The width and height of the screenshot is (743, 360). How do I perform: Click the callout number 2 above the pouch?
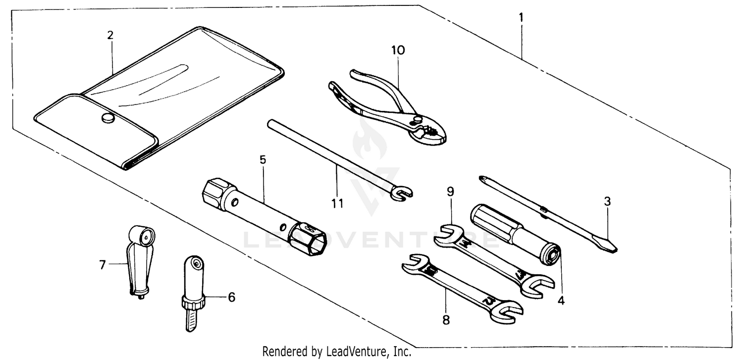pos(110,35)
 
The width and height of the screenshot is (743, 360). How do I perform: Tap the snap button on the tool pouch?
pos(107,117)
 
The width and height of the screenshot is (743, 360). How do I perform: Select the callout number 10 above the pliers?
pos(398,50)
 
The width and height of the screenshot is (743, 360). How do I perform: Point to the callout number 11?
pos(337,203)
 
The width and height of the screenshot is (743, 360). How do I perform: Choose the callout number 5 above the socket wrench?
pos(263,159)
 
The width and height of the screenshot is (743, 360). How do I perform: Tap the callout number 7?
pos(103,265)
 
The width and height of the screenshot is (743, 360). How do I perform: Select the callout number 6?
pos(231,297)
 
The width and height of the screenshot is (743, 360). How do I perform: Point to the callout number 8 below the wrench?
pos(446,320)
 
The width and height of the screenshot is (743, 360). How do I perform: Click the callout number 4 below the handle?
pos(561,300)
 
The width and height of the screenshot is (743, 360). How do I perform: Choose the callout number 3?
pos(607,202)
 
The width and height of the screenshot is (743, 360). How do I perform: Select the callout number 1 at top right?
pos(521,17)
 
